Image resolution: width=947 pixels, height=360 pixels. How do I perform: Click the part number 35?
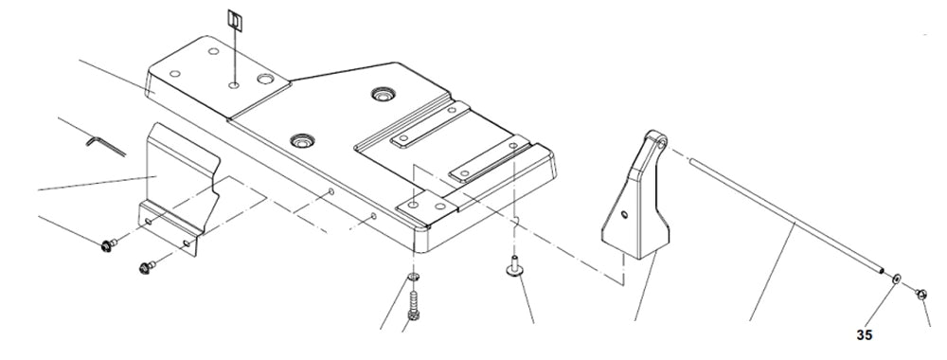coord(864,334)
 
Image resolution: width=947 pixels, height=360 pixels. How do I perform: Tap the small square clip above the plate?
coord(235,20)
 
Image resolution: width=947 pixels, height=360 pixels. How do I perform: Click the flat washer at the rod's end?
coord(896,281)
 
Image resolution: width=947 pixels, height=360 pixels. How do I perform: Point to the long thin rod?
coord(786,219)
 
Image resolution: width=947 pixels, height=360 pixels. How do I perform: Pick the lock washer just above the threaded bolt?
coord(414,278)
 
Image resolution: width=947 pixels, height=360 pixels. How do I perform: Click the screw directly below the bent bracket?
coord(148,267)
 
